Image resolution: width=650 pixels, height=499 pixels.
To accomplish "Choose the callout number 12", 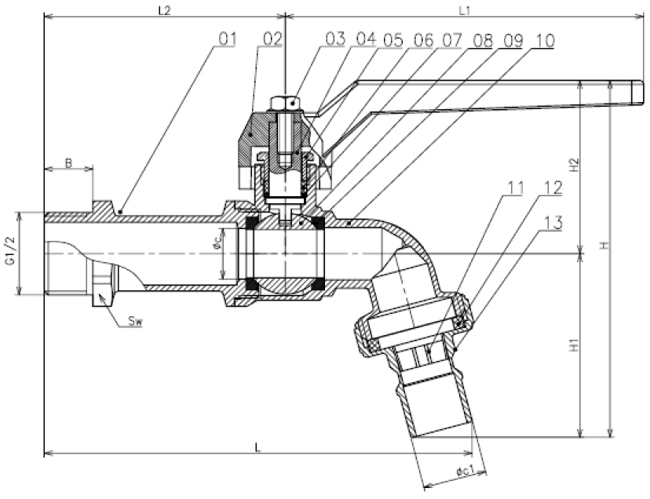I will (x=553, y=189).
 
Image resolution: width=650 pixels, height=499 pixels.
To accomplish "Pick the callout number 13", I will (x=553, y=222).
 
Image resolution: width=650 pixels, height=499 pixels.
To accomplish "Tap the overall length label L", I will (x=258, y=445).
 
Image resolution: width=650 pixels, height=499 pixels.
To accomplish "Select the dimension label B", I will (x=68, y=163).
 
